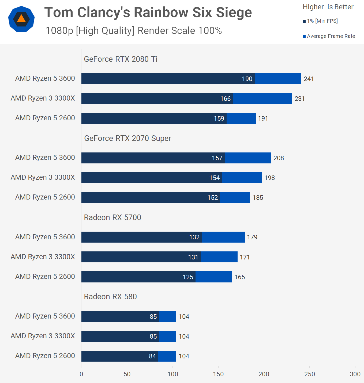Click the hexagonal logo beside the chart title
tap(21, 19)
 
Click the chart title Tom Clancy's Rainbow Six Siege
tap(148, 13)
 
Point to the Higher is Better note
tap(328, 7)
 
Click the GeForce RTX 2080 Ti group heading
tap(121, 59)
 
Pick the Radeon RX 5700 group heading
tap(112, 217)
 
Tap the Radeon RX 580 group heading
tap(110, 297)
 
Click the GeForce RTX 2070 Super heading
tap(127, 138)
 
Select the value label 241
tap(309, 79)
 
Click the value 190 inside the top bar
tap(247, 79)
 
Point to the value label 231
tap(299, 99)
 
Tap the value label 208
tap(279, 158)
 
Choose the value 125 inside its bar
tap(188, 277)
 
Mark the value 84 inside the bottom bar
tap(152, 356)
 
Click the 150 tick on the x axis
tap(218, 374)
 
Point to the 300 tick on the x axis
tap(355, 374)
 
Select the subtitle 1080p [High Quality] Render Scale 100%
tap(133, 31)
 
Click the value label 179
tap(252, 237)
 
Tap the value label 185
tap(258, 198)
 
